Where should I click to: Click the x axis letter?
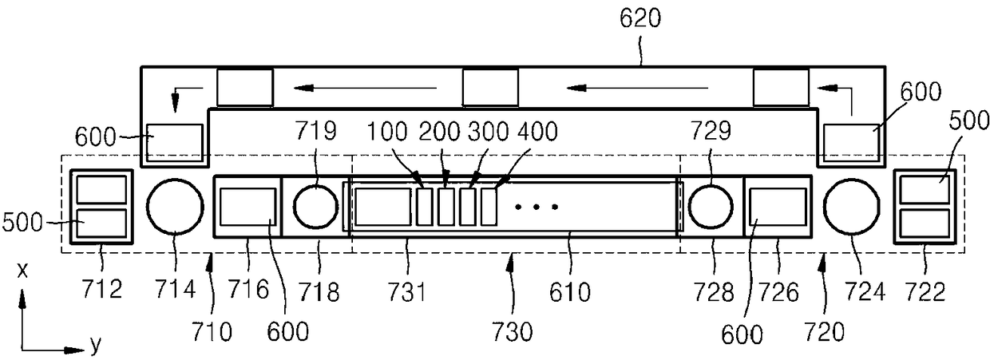point(23,272)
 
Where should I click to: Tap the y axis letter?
point(95,345)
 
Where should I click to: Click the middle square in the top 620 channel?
point(490,88)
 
